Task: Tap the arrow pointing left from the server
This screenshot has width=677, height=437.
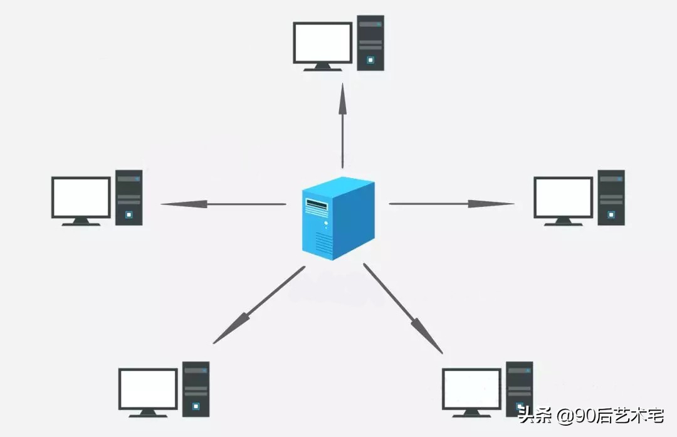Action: pos(223,204)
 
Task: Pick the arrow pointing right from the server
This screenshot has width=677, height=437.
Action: pos(451,203)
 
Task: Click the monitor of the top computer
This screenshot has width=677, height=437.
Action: pos(323,43)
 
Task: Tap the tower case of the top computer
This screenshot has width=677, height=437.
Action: pos(370,43)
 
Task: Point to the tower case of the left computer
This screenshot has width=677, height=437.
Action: pos(129,197)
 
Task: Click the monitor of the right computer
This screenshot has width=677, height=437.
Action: pos(563,197)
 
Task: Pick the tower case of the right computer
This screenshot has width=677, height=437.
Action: pos(611,197)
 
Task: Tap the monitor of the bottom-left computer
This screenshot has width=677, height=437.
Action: pos(149,389)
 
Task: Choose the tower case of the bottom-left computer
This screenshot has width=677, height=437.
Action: pos(196,389)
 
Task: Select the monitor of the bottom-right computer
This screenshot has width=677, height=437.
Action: pos(471,389)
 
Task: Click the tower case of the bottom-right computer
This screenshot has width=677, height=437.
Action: pos(519,389)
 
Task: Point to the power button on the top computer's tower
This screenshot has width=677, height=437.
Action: pos(370,60)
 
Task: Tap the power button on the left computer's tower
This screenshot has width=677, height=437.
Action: pos(129,214)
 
